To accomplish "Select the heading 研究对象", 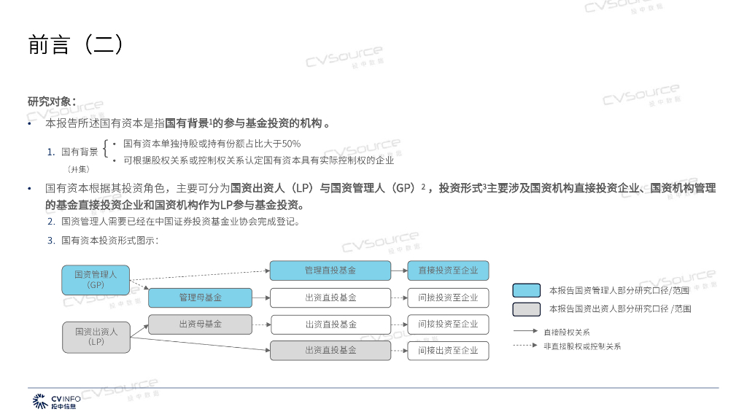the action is (x=51, y=101).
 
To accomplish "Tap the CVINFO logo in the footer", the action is (x=55, y=401).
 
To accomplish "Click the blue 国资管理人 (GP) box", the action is (x=96, y=279).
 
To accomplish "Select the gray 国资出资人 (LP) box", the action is (x=96, y=336).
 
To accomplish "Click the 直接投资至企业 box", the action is (x=448, y=271).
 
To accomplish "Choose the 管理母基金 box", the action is (x=200, y=297).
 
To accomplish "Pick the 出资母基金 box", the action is (x=200, y=324).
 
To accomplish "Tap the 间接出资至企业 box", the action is (x=448, y=350).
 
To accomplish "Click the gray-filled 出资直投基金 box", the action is (x=330, y=350).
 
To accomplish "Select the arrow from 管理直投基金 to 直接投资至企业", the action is (x=398, y=271).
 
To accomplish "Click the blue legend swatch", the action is (x=526, y=290).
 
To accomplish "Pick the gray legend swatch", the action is (x=526, y=308).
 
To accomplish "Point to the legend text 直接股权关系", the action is (x=567, y=332).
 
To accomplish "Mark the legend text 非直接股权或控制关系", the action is (x=582, y=346).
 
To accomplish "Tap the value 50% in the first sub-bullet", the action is (x=291, y=144).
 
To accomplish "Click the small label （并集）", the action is (x=77, y=168).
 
